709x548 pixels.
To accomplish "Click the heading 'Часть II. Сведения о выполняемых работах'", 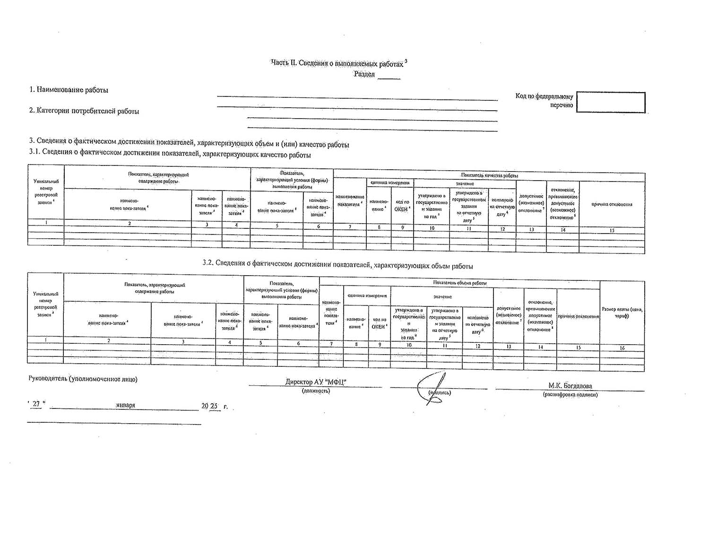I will (x=337, y=63).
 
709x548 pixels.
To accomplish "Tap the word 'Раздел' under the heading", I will (x=364, y=74).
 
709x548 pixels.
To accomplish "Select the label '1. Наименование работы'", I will (x=69, y=90).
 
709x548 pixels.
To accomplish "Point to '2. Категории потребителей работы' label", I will (x=85, y=111).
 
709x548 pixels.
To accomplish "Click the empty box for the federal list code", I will (x=611, y=102).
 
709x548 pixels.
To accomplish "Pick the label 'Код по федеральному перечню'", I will (x=544, y=100).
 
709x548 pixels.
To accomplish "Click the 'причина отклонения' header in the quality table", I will (x=612, y=204).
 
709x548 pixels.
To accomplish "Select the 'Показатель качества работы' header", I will (x=489, y=175).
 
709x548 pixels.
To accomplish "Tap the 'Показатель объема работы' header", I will (x=459, y=283).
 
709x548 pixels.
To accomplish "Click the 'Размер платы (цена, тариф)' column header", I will (x=622, y=313).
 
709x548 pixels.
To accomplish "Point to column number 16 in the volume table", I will (x=622, y=348).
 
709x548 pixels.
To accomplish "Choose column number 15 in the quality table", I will (x=612, y=230).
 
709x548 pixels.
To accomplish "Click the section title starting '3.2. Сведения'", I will (x=338, y=266).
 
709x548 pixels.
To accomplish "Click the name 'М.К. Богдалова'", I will (x=570, y=386).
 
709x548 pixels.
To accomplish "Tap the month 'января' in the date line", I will (x=125, y=405).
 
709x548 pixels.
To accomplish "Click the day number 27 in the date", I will (x=36, y=405).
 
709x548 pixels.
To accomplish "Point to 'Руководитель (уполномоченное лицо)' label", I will (x=83, y=379).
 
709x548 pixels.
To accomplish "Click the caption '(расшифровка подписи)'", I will (x=570, y=394).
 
